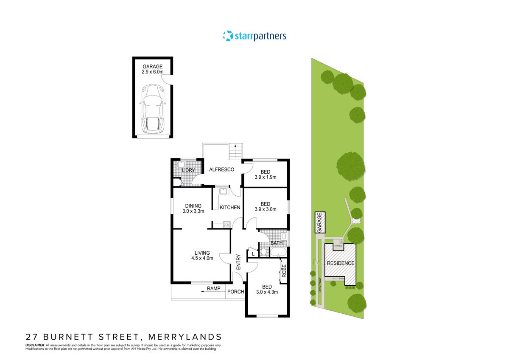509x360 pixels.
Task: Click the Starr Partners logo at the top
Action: pyautogui.click(x=255, y=36)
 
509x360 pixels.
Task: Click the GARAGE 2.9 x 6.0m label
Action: pyautogui.click(x=152, y=70)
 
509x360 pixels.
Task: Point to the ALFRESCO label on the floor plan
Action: pyautogui.click(x=222, y=169)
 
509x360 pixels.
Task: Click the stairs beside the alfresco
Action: pyautogui.click(x=235, y=152)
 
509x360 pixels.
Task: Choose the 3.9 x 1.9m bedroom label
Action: pyautogui.click(x=266, y=174)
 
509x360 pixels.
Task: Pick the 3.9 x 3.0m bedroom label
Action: pyautogui.click(x=266, y=206)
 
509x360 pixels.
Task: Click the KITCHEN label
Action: pyautogui.click(x=230, y=208)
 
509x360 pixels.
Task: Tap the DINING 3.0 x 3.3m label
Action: pyautogui.click(x=193, y=208)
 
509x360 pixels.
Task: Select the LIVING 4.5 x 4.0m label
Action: pyautogui.click(x=202, y=256)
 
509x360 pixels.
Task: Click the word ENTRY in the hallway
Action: pyautogui.click(x=238, y=262)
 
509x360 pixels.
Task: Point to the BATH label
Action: pyautogui.click(x=277, y=243)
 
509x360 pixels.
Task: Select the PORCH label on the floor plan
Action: pyautogui.click(x=236, y=292)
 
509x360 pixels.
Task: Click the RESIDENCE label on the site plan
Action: pyautogui.click(x=340, y=263)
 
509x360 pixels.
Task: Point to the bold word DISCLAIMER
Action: pyautogui.click(x=35, y=345)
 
